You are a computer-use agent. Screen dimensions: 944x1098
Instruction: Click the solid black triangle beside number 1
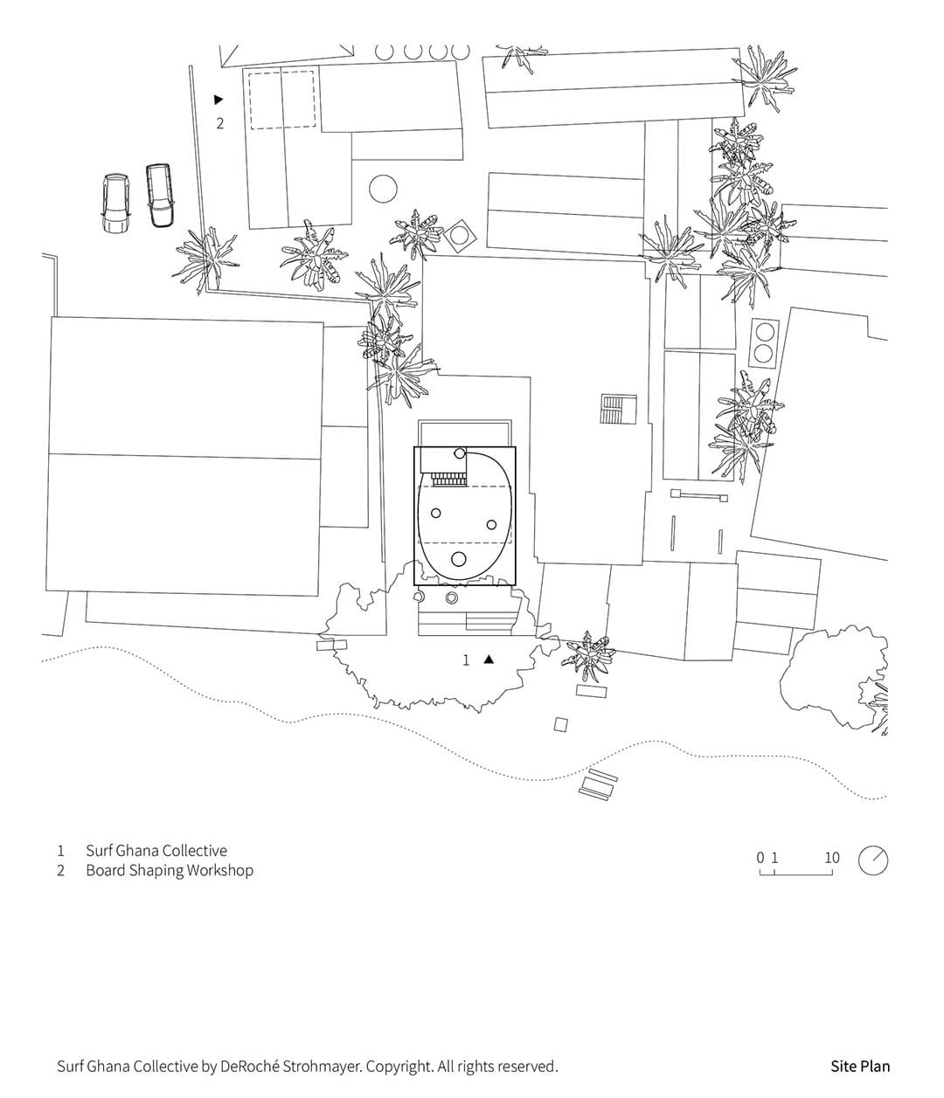click(489, 659)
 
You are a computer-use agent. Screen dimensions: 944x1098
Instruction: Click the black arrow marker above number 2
click(218, 100)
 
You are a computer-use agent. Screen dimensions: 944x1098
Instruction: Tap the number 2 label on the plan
click(220, 123)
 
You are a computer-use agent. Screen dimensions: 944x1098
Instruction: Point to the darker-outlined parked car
click(160, 196)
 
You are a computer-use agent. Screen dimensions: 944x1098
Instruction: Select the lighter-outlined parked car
click(116, 204)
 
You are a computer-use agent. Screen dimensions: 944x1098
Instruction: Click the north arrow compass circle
click(873, 860)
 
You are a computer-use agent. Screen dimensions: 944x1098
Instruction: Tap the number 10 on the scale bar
click(832, 858)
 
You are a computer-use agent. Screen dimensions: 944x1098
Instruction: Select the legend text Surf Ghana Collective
click(156, 851)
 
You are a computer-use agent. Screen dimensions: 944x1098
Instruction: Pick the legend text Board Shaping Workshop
click(170, 871)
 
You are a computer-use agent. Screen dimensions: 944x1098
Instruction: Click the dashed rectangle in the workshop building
click(282, 100)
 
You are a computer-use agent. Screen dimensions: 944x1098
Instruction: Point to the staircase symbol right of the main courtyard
click(618, 409)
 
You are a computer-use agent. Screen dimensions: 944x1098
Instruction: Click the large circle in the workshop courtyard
click(383, 189)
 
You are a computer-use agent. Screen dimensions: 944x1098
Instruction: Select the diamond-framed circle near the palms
click(458, 234)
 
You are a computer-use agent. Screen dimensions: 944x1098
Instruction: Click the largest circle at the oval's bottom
click(459, 559)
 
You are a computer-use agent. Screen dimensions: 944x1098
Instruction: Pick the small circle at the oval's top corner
click(460, 453)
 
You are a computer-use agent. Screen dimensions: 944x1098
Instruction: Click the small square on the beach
click(560, 724)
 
